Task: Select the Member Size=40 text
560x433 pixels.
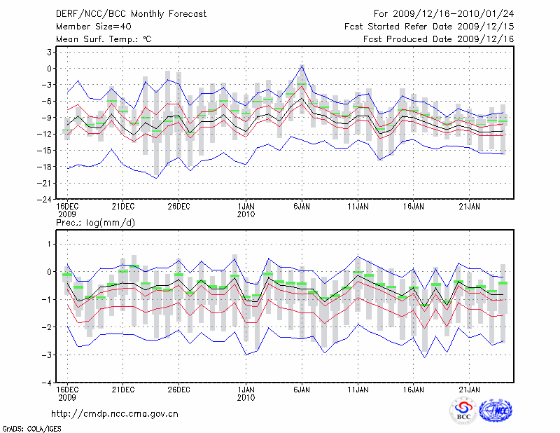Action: (x=88, y=26)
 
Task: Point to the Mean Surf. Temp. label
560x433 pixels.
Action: (x=103, y=39)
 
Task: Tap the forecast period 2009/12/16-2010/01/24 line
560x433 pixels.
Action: (x=444, y=13)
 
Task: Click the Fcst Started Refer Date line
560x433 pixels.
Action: (x=430, y=26)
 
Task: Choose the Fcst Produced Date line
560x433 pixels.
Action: (x=439, y=39)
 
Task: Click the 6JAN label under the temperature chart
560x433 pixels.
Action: (x=302, y=207)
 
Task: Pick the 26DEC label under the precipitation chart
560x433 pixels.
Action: (x=178, y=389)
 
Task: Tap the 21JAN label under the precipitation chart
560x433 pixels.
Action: (x=469, y=389)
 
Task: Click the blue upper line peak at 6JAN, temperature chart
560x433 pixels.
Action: (x=302, y=66)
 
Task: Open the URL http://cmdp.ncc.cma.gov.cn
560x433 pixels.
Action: (x=115, y=413)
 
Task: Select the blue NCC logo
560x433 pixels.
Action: (x=495, y=411)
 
